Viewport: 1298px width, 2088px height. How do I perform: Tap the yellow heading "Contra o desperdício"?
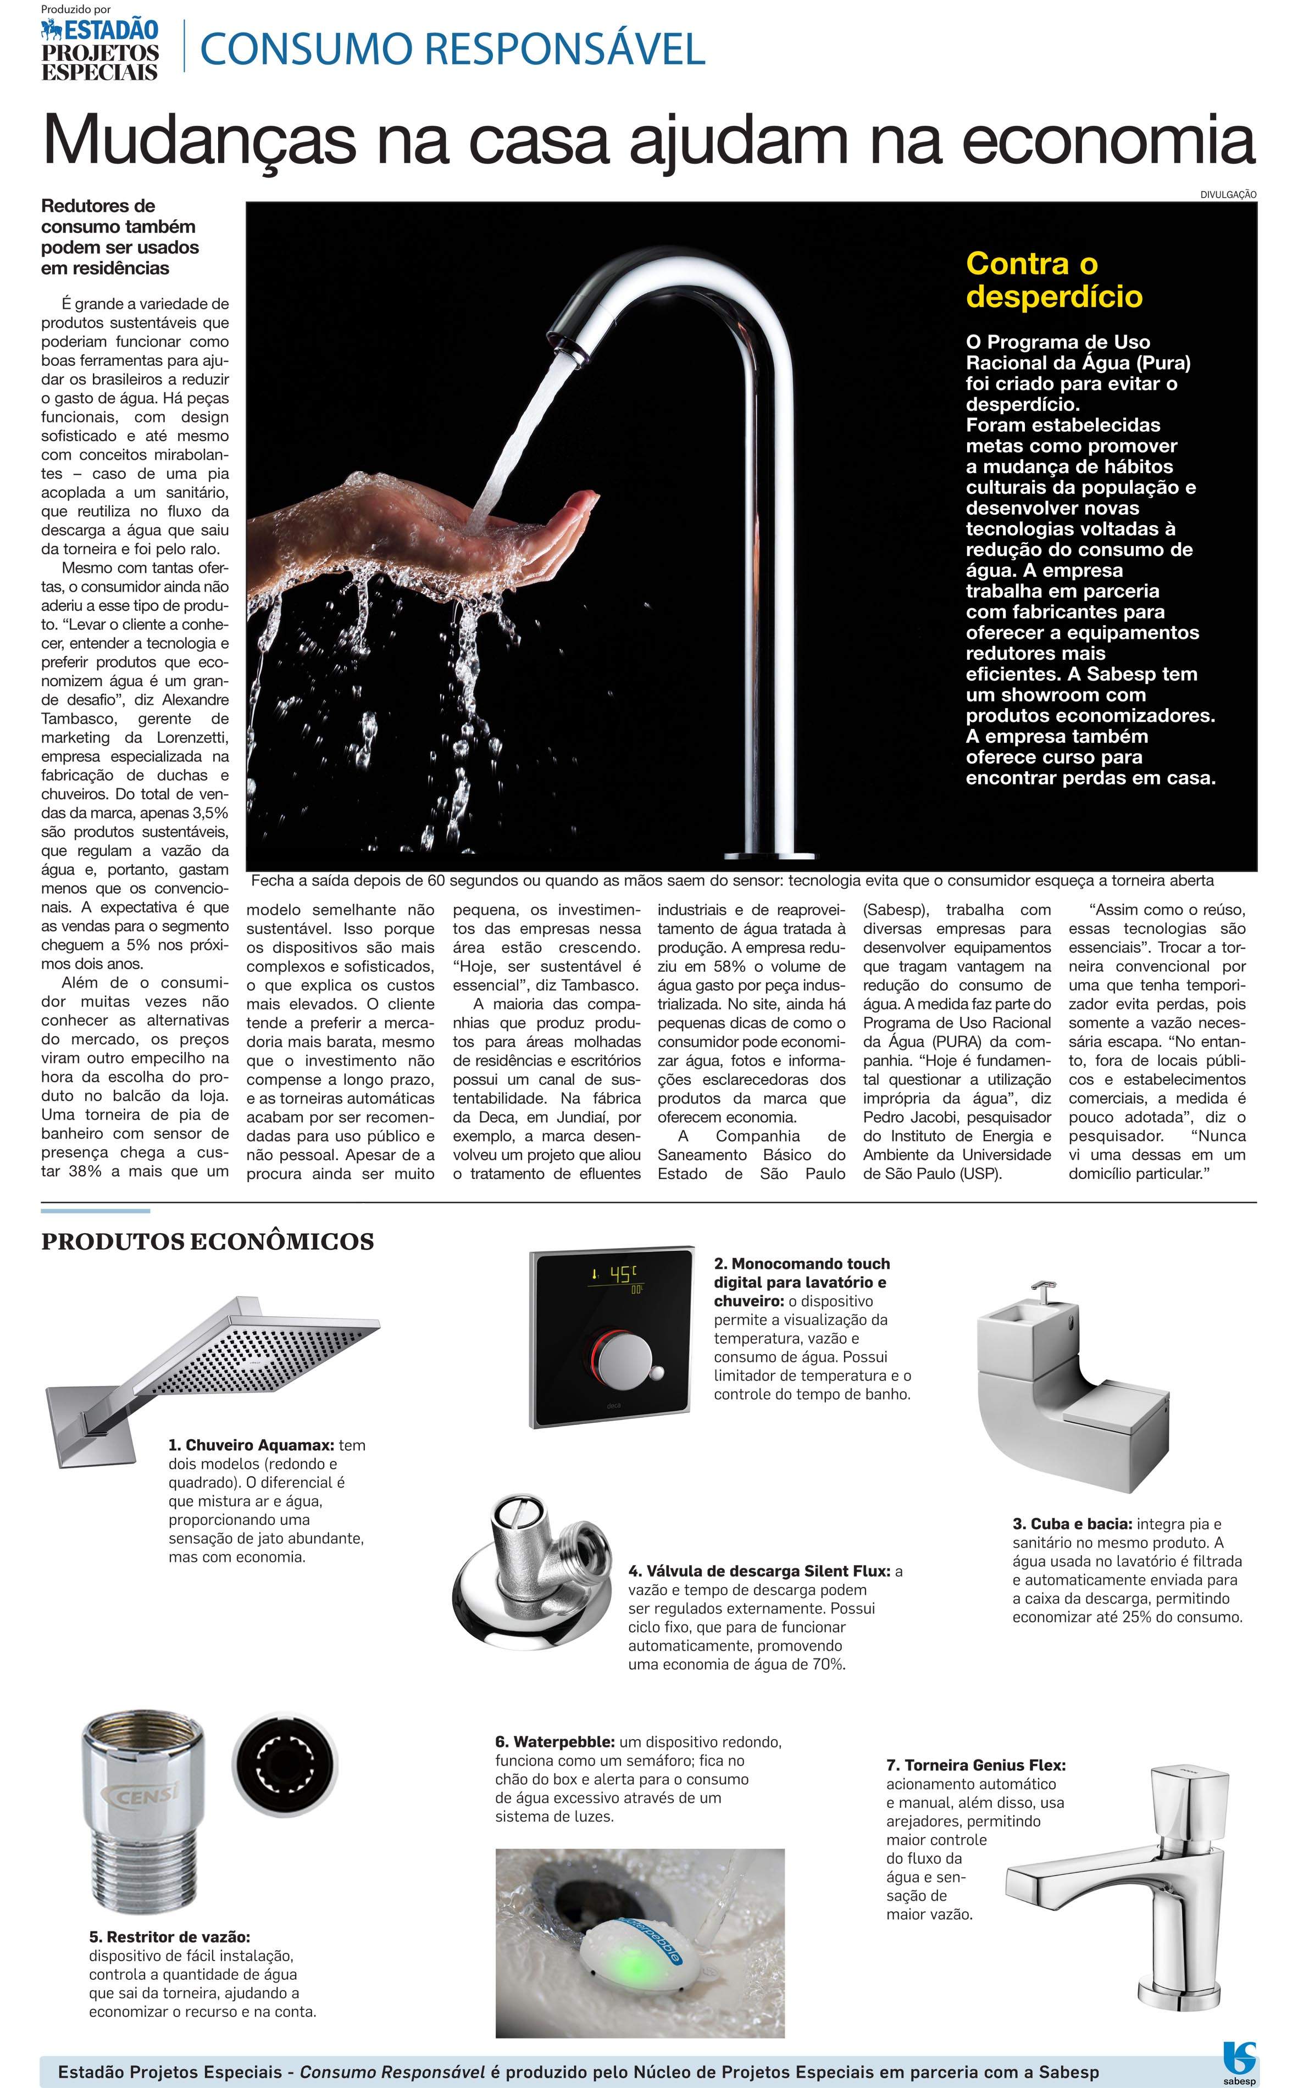tap(1054, 279)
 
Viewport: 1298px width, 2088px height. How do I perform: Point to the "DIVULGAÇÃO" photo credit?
tap(1228, 195)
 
